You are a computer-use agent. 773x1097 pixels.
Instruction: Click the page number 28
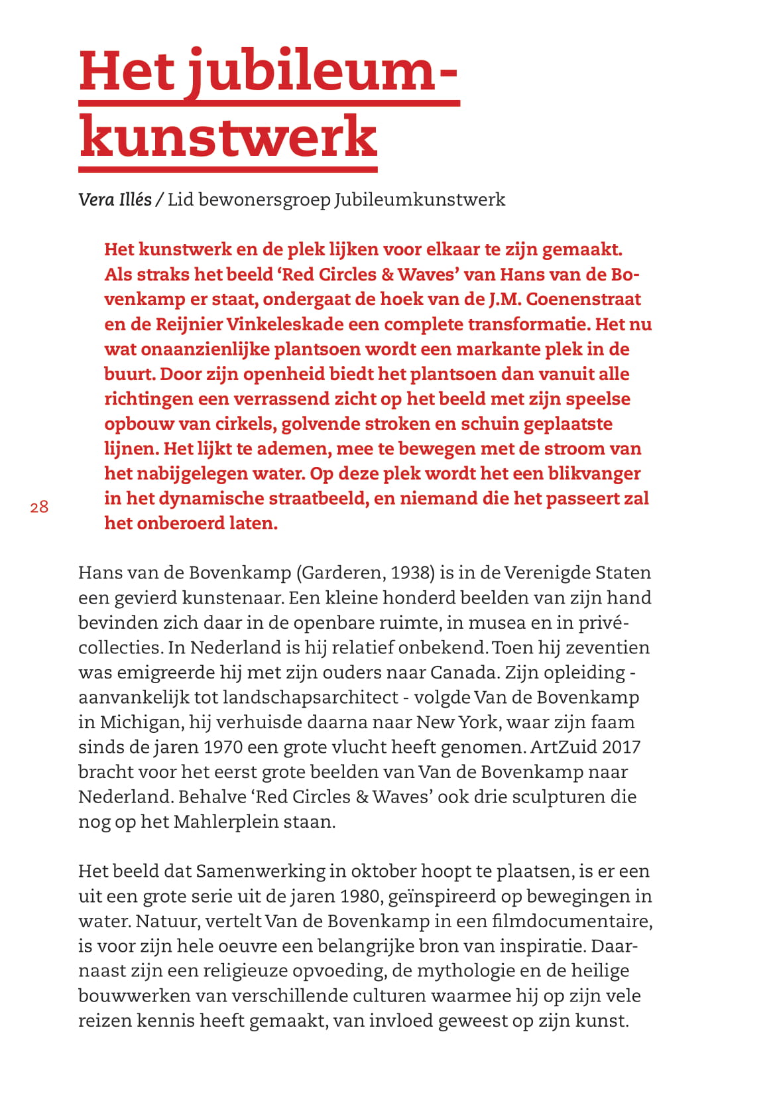(39, 507)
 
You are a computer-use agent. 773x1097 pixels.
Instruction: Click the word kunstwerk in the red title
(228, 137)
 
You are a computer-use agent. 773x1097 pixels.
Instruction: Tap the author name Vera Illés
(115, 200)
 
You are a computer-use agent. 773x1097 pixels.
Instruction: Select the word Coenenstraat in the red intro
(583, 299)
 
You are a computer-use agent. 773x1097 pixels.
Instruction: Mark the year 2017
(622, 747)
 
